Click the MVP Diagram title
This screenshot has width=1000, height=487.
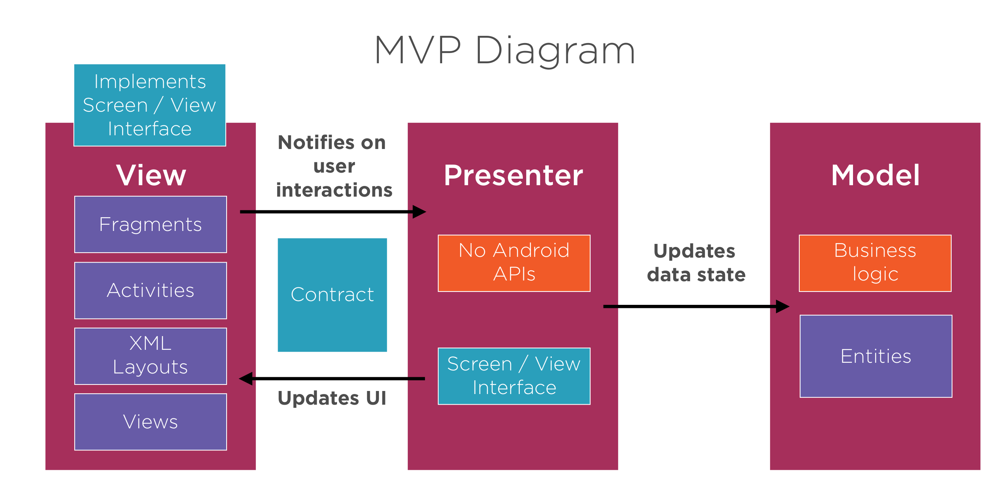point(505,50)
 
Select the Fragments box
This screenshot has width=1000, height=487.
point(151,224)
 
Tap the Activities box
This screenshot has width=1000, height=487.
point(151,290)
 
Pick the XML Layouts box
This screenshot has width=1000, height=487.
point(151,356)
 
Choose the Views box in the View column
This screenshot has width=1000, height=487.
point(151,422)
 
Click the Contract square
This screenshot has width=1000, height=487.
point(332,295)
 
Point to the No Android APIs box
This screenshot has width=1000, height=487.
point(514,263)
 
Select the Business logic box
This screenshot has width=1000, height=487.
point(875,263)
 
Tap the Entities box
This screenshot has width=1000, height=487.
point(876,356)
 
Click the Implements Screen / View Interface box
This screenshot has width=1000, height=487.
point(150,105)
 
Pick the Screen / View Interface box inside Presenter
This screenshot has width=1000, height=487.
point(514,376)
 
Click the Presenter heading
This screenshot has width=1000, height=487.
point(513,176)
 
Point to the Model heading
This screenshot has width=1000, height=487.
point(875,176)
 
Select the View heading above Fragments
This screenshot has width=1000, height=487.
point(151,176)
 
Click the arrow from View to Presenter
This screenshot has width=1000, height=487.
point(333,211)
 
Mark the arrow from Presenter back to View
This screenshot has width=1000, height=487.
point(332,378)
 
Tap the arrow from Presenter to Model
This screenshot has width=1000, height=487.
point(696,306)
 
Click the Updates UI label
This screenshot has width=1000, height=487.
point(332,398)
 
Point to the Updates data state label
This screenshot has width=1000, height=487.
point(696,263)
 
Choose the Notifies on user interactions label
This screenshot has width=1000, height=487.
point(334,166)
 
